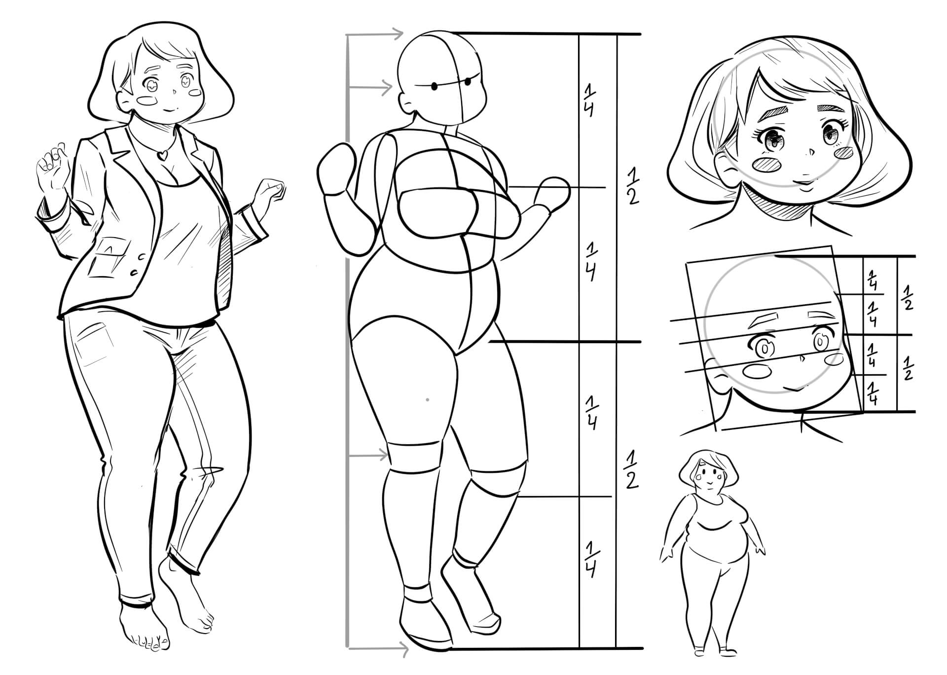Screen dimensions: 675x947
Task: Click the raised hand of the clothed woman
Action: [51, 166]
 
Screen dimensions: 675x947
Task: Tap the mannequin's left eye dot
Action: [435, 87]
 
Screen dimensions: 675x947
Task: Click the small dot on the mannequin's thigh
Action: [427, 399]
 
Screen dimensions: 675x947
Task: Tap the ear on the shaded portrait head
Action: [723, 166]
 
